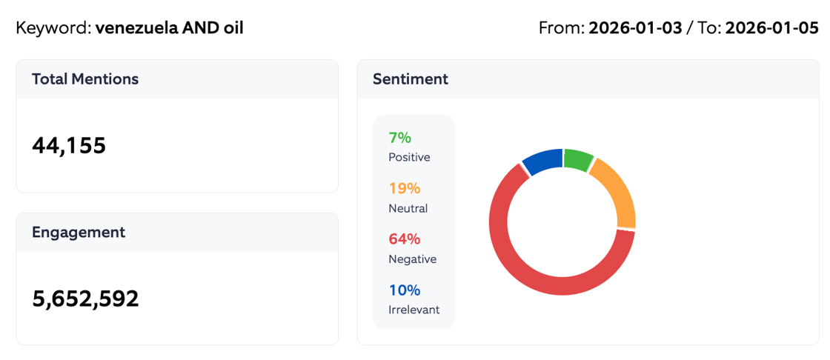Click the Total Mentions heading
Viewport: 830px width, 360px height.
coord(84,79)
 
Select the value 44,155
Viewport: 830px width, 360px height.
coord(69,146)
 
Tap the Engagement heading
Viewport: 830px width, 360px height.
coord(78,232)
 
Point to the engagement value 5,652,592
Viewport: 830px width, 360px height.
coord(85,299)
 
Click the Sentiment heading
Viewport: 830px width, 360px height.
coord(410,79)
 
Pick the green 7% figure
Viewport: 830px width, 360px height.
coord(399,138)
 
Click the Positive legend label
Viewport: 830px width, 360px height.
coord(408,157)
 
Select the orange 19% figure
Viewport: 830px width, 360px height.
coord(404,188)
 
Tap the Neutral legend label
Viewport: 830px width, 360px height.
coord(408,208)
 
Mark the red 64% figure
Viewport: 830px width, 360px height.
coord(404,239)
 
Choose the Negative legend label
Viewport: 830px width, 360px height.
coord(412,259)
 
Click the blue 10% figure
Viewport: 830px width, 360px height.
coord(404,290)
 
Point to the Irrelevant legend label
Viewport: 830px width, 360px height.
coord(414,310)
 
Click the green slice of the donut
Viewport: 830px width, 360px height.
coord(577,159)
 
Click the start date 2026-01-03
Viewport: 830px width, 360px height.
coord(635,28)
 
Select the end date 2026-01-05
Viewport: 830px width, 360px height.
coord(771,28)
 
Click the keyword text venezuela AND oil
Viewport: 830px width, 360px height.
coord(169,28)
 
